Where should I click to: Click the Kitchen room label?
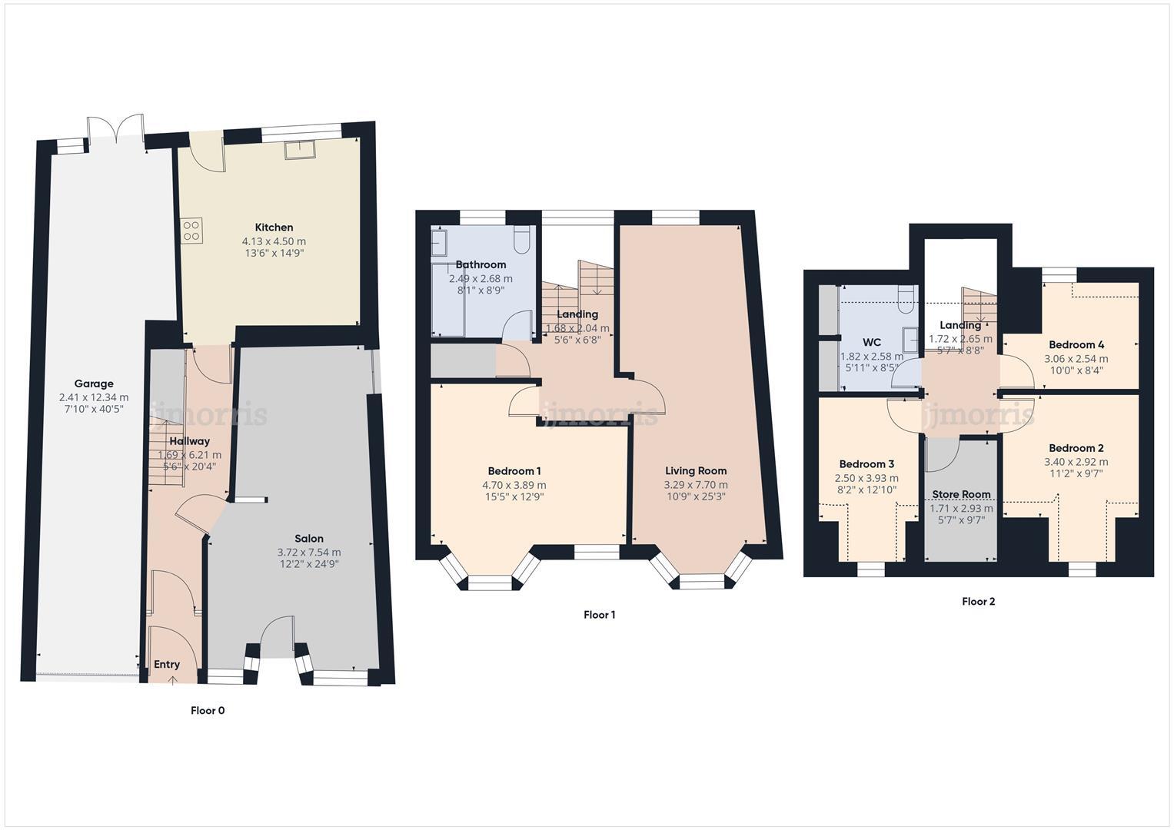(274, 227)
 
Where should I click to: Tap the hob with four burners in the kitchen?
(191, 231)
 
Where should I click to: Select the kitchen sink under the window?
(299, 149)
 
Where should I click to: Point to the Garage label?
(94, 383)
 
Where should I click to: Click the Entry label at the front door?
(167, 665)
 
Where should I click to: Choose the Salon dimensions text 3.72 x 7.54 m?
(309, 552)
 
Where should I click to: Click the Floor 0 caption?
(208, 711)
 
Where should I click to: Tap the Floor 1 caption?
(599, 615)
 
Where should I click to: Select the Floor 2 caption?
(978, 602)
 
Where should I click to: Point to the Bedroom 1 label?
(514, 471)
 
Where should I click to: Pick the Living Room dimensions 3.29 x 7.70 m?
(696, 485)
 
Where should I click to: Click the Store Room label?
(961, 494)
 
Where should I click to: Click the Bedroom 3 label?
(866, 464)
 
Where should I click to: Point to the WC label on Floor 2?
(872, 342)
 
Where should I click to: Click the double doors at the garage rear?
(115, 131)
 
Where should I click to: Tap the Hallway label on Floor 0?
(189, 441)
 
